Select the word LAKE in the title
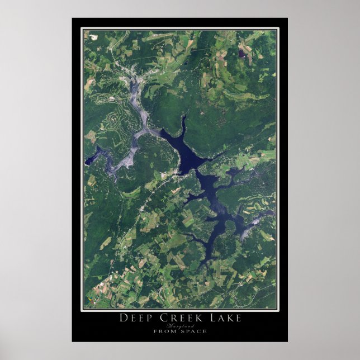(x=224, y=318)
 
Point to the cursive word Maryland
(x=179, y=325)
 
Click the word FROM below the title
(x=164, y=331)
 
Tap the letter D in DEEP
(x=122, y=318)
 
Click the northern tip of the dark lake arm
(x=183, y=117)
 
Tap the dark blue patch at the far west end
(x=89, y=160)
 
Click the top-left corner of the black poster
(x=73, y=18)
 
